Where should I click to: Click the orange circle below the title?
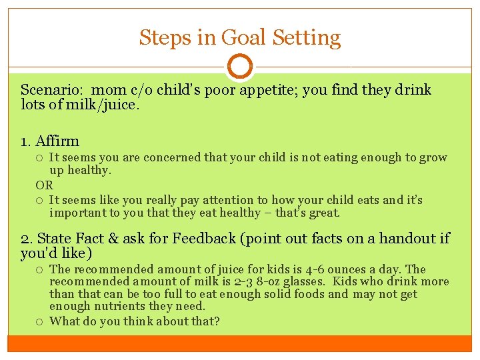[240, 67]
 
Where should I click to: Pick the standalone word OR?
[44, 185]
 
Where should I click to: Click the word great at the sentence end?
[325, 213]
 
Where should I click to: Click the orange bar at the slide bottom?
[240, 343]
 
